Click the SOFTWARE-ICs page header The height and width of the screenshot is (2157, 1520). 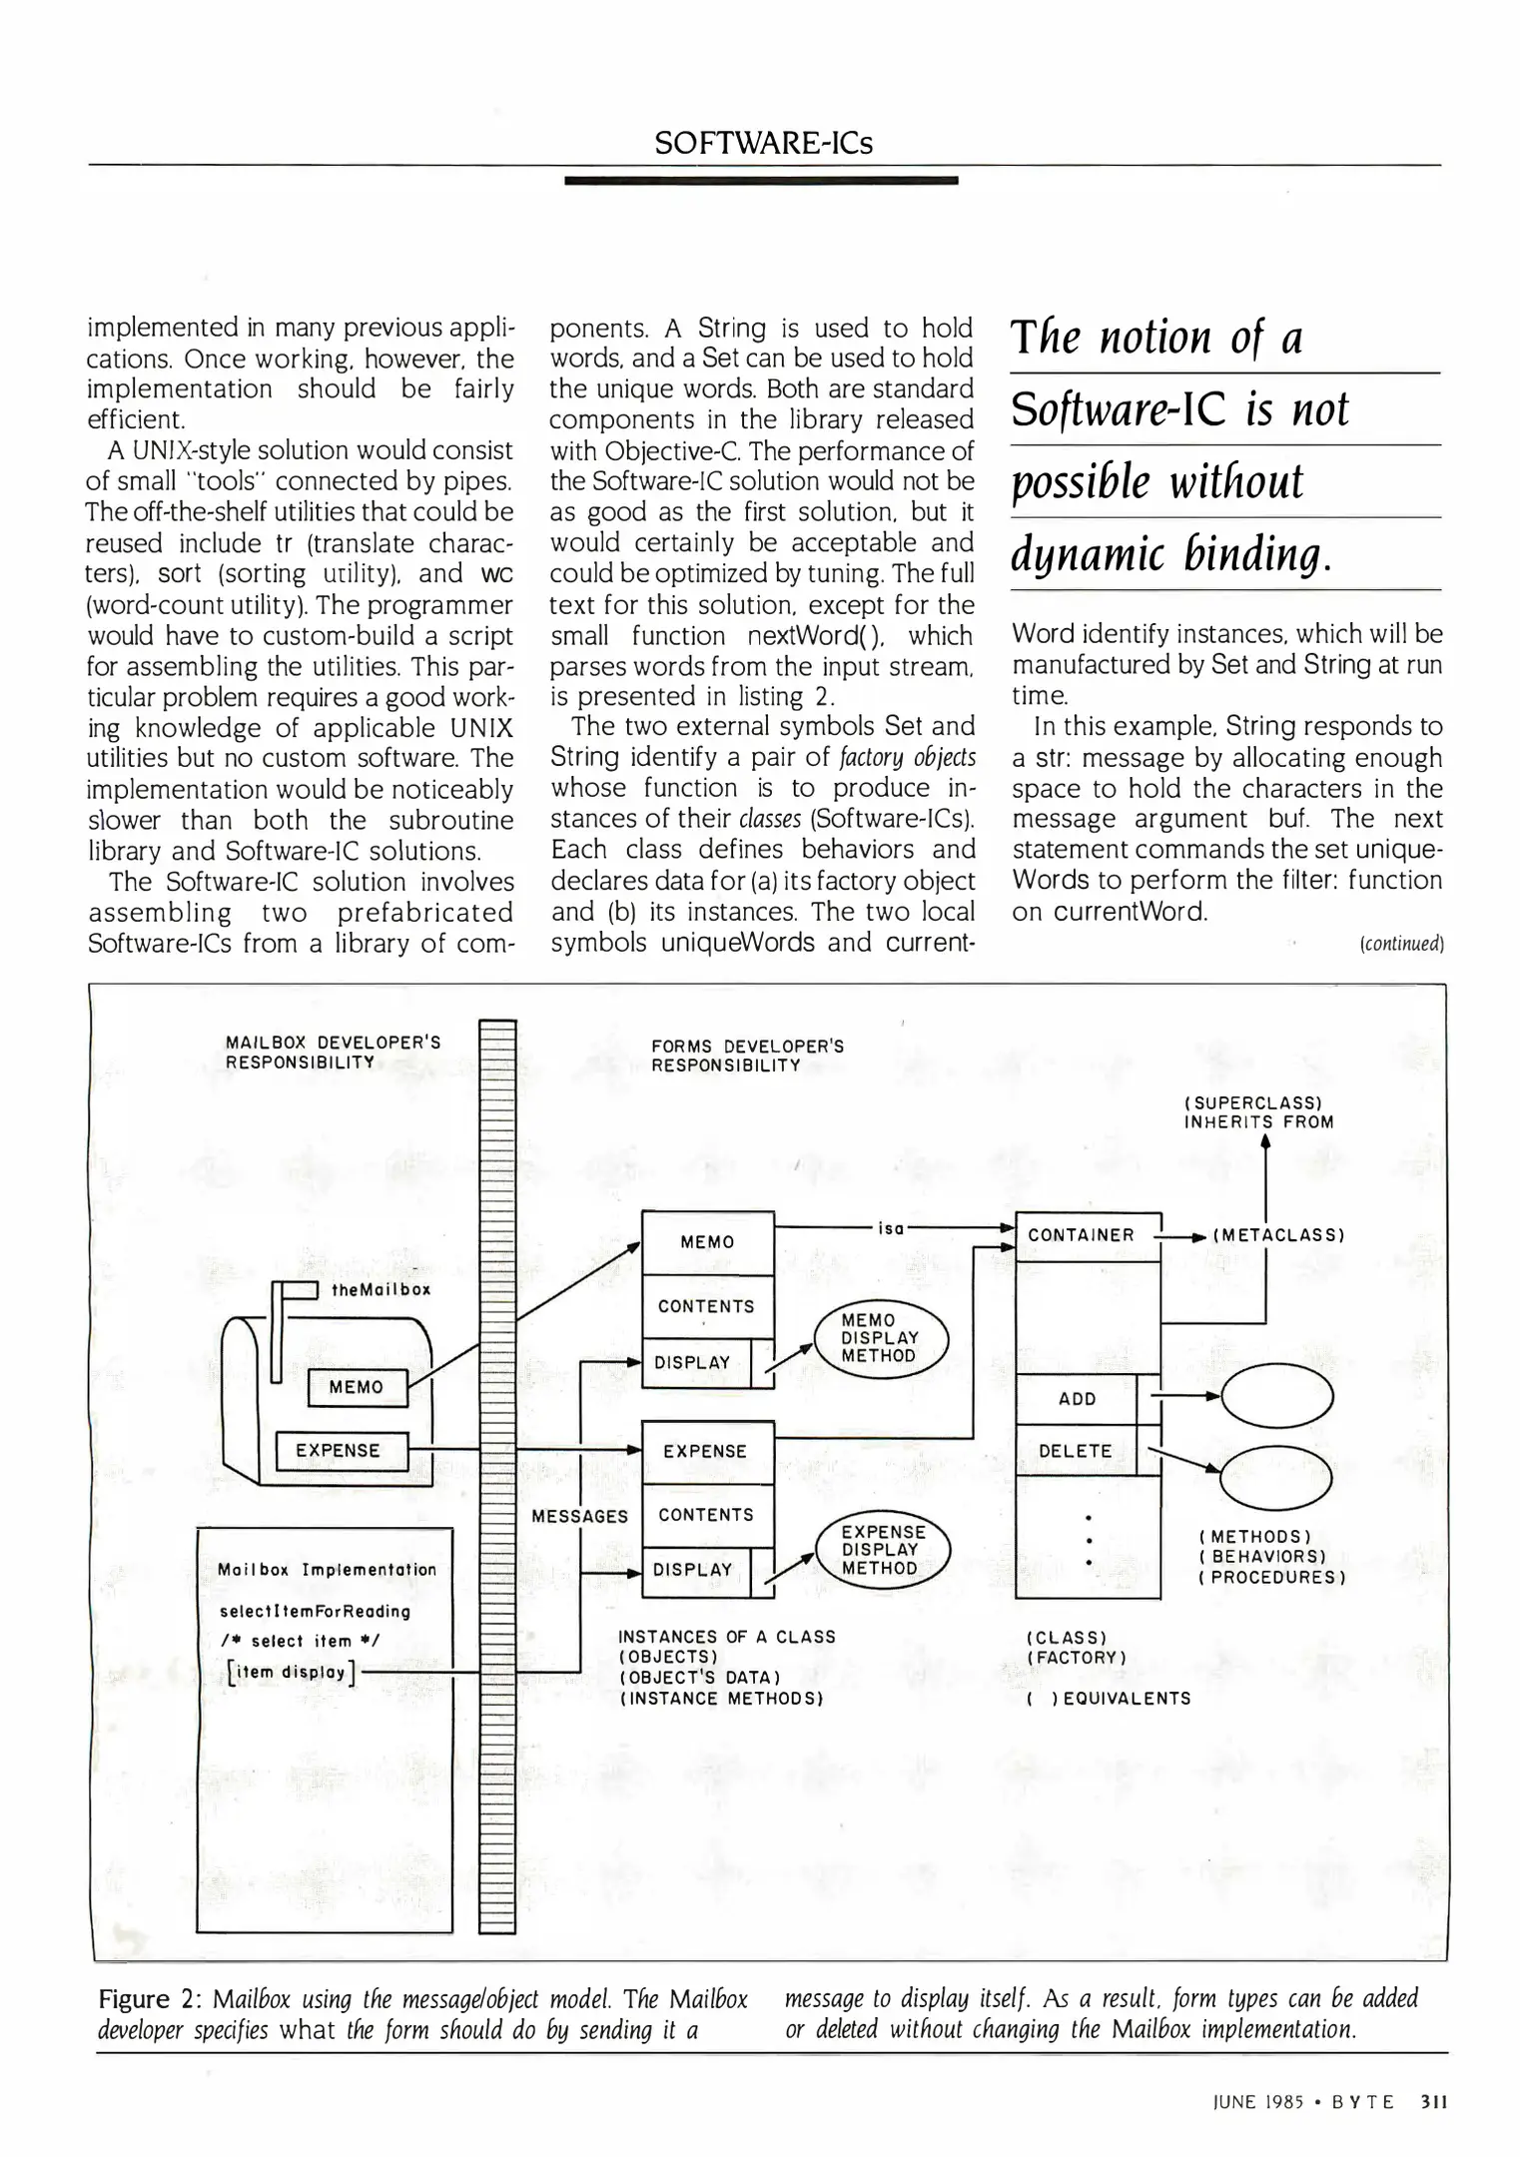(x=763, y=144)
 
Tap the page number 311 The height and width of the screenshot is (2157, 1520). (x=1433, y=2100)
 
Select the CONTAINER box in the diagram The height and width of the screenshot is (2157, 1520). (x=1082, y=1235)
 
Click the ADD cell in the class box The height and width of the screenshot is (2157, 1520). (x=1077, y=1399)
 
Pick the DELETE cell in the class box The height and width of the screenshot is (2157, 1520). (x=1075, y=1451)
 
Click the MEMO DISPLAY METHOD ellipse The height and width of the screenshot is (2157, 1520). (x=879, y=1338)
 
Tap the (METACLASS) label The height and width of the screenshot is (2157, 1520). (x=1278, y=1235)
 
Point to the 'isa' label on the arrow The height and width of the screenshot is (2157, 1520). (x=890, y=1228)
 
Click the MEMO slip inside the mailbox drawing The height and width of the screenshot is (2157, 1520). (x=357, y=1387)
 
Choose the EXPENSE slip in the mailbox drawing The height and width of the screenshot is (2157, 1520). (x=338, y=1451)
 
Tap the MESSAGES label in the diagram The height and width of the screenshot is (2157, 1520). (x=579, y=1516)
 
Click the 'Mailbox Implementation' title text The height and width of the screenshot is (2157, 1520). (x=327, y=1570)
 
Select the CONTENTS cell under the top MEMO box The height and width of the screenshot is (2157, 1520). (x=706, y=1306)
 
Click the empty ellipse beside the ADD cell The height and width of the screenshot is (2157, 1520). (x=1276, y=1396)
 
